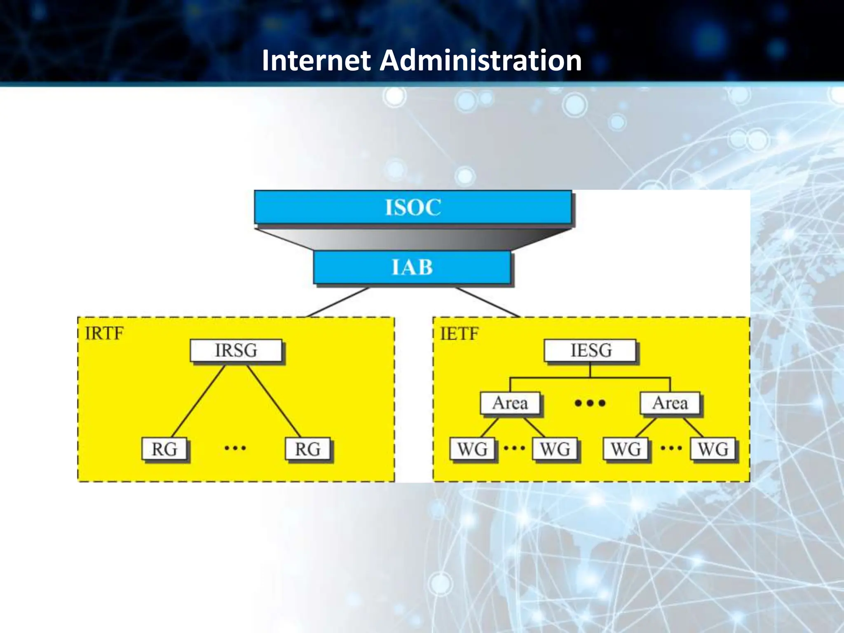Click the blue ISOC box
[413, 207]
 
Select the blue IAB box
[412, 267]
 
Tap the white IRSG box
[236, 350]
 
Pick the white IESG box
[590, 350]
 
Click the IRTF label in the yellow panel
[104, 333]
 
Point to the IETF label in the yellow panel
[459, 333]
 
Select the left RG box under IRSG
[164, 449]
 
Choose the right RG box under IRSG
[307, 449]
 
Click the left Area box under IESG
[510, 403]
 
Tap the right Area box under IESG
[670, 403]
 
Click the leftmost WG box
[472, 449]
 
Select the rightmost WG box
[713, 449]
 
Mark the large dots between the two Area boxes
[590, 403]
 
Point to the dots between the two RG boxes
[235, 448]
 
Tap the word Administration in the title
[481, 61]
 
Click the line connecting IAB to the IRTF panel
[338, 302]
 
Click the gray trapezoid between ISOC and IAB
[413, 238]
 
